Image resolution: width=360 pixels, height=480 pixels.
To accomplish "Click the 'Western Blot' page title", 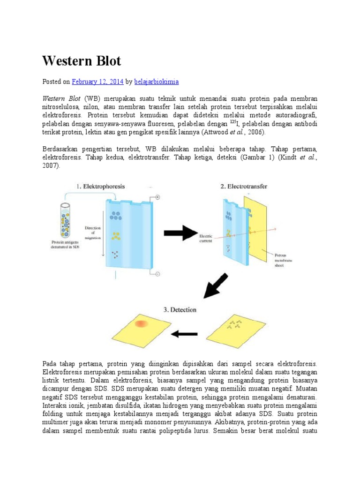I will (82, 61).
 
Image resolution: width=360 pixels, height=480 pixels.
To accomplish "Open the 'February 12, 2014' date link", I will (97, 82).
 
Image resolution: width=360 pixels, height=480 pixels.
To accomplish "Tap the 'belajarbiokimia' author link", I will (156, 82).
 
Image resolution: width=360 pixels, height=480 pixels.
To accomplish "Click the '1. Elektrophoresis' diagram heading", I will (100, 186).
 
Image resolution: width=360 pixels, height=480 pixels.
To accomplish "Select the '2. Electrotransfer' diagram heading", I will (244, 186).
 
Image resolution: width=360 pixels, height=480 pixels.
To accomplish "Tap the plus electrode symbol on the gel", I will (157, 198).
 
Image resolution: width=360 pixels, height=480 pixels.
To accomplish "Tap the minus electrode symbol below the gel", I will (157, 274).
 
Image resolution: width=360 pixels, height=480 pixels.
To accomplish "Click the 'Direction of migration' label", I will (93, 232).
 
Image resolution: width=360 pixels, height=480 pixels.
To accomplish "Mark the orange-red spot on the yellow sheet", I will (141, 324).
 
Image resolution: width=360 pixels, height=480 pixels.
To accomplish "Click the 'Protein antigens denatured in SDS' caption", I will (66, 244).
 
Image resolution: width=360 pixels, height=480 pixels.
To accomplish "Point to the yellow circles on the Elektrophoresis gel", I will (115, 235).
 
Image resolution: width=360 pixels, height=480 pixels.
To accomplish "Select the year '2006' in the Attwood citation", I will (253, 133).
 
